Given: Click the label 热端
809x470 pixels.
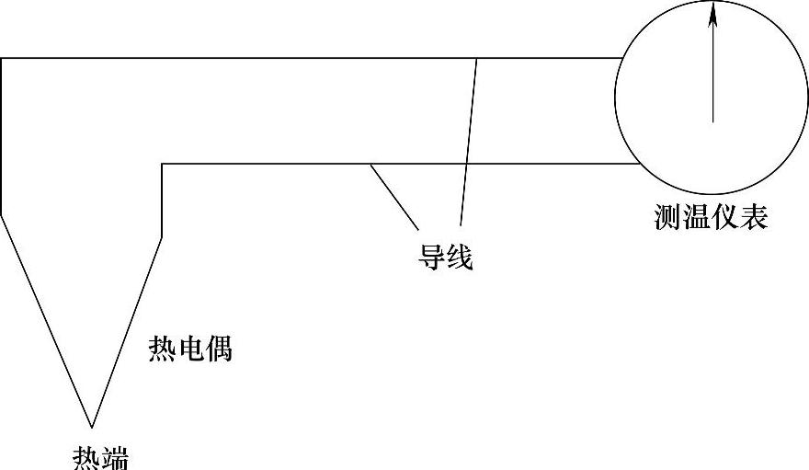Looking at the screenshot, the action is [100, 457].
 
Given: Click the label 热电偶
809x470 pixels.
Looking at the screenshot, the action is [190, 350].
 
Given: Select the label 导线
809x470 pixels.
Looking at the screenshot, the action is [446, 258].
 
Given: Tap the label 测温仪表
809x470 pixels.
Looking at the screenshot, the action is [711, 217].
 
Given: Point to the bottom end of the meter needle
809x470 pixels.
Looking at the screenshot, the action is [712, 121].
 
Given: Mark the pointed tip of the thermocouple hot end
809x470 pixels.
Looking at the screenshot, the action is [92, 427].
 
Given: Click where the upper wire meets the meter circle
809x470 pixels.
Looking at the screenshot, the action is [623, 58].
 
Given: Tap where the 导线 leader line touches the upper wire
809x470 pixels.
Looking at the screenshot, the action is [476, 58].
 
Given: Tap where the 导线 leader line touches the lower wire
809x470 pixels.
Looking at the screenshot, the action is [370, 164].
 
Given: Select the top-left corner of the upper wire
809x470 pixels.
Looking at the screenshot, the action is [2, 58].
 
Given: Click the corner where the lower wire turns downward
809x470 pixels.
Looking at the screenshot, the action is [162, 164].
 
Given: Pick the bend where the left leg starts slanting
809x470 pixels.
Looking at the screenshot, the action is [2, 213].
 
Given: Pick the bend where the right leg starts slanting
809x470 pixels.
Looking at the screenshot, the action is [162, 237].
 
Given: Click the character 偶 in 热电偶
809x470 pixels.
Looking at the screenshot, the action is [219, 350].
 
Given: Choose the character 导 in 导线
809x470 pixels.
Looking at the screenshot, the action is [432, 258].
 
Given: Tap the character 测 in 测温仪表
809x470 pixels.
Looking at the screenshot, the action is [668, 217].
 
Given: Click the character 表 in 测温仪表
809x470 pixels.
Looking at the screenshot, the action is [753, 217].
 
